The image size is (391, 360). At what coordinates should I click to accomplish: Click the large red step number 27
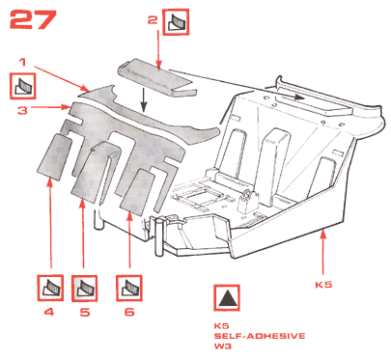(x=33, y=19)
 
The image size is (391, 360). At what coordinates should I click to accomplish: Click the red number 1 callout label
(x=22, y=62)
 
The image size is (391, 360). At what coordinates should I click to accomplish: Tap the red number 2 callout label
(x=153, y=20)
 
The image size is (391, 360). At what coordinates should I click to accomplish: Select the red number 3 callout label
(x=22, y=110)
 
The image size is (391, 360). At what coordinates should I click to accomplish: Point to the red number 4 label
(x=49, y=312)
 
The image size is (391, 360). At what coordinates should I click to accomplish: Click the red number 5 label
(x=85, y=312)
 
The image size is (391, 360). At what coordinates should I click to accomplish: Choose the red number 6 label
(x=129, y=312)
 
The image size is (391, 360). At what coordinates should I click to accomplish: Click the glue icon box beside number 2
(x=176, y=22)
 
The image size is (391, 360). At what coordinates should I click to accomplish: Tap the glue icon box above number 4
(x=50, y=288)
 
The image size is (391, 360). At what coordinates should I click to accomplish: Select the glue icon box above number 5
(x=84, y=289)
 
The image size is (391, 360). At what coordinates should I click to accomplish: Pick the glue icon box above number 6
(x=129, y=288)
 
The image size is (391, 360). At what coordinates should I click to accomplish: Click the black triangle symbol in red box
(x=227, y=297)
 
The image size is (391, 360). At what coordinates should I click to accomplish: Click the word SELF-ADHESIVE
(x=260, y=336)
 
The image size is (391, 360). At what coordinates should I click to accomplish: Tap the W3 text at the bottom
(x=223, y=346)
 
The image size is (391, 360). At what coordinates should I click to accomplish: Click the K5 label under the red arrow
(x=323, y=285)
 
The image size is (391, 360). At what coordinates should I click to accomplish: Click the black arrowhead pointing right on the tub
(x=298, y=97)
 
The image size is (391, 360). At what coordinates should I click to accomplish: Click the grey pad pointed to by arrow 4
(x=54, y=156)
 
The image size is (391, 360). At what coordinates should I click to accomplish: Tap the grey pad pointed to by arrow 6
(x=137, y=192)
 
